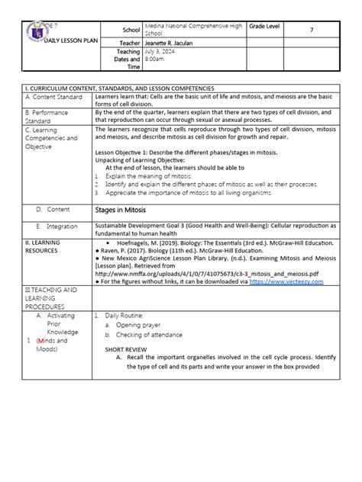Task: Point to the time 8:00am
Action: click(x=157, y=63)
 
